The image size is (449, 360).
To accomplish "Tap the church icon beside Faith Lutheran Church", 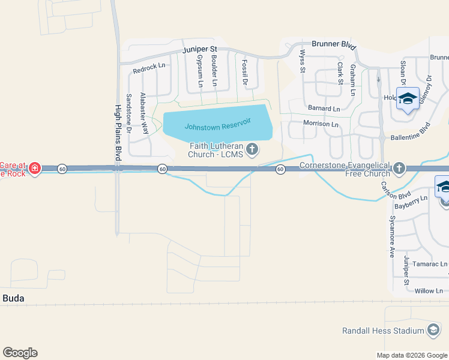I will [253, 149].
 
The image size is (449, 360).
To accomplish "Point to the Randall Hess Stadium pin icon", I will [433, 330].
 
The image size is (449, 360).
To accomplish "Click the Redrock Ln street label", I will [149, 67].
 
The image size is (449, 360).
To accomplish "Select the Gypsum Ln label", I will [199, 70].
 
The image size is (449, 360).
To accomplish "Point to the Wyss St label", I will [303, 61].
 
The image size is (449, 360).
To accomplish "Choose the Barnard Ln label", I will [324, 109].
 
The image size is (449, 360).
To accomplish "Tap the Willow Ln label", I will [429, 291].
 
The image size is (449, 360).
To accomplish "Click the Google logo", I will [20, 353].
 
